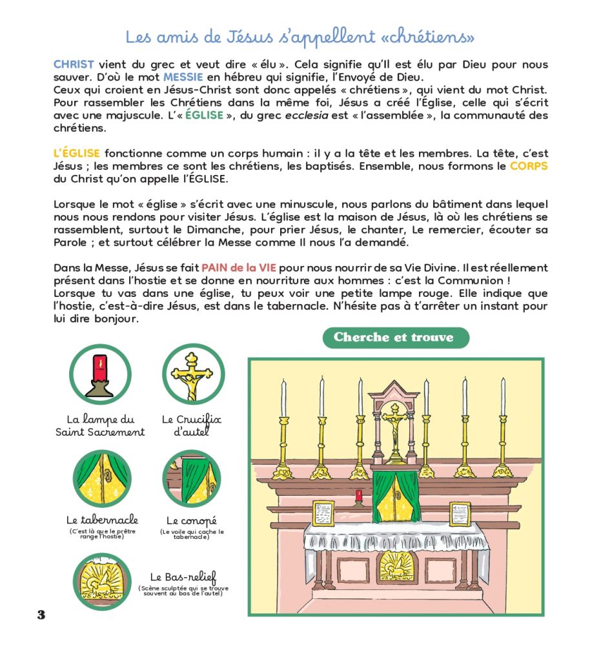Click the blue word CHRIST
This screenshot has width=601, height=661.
tap(74, 65)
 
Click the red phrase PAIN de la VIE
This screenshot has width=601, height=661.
tap(238, 268)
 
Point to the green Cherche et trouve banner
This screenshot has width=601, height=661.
tap(395, 338)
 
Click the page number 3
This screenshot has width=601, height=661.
tap(41, 615)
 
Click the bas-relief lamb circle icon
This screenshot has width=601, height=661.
tap(102, 582)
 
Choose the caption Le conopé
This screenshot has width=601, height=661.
tap(192, 520)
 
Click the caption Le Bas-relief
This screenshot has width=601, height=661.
tap(183, 577)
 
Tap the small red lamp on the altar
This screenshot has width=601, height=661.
tap(358, 496)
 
